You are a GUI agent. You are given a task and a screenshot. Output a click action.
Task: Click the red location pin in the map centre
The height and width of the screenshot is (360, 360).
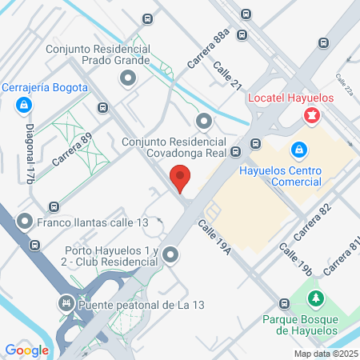(180, 178)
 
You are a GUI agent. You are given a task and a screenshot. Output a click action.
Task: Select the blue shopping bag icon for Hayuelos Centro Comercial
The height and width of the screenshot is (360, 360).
(298, 150)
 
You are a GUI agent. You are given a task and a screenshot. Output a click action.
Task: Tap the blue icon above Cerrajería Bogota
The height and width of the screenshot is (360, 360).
(24, 104)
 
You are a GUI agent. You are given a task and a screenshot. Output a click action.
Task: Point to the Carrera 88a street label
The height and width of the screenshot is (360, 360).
(211, 49)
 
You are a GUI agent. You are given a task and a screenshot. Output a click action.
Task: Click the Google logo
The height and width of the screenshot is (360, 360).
(26, 350)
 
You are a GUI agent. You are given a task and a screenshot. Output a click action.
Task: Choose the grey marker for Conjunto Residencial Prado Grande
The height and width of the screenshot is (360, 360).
(127, 78)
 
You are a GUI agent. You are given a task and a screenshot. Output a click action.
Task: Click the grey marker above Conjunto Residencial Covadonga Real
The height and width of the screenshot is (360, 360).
(204, 122)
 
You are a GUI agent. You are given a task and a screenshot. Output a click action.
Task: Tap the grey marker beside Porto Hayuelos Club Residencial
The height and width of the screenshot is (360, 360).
(170, 255)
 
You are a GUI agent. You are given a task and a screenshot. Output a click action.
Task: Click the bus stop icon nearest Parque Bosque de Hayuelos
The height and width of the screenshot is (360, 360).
(285, 304)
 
